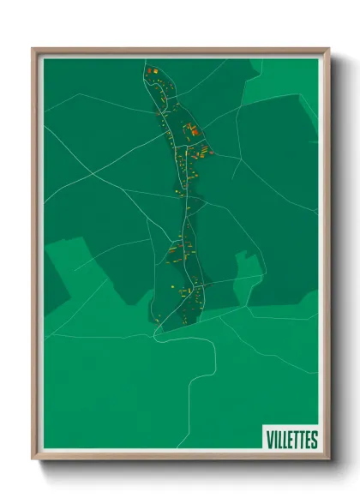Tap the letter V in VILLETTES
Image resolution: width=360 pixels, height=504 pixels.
pyautogui.click(x=269, y=440)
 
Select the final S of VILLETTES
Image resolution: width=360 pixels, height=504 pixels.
pyautogui.click(x=314, y=440)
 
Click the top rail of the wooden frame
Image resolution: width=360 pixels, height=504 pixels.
pyautogui.click(x=180, y=51)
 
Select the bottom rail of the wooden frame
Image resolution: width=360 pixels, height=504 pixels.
pyautogui.click(x=180, y=456)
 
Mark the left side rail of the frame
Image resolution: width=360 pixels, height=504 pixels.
pyautogui.click(x=36, y=257)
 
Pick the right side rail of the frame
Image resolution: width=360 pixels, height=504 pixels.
pyautogui.click(x=325, y=257)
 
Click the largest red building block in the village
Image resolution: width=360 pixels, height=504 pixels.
pyautogui.click(x=193, y=130)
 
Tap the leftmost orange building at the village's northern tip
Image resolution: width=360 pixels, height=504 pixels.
pyautogui.click(x=148, y=69)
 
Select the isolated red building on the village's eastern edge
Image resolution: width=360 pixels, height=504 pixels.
pyautogui.click(x=211, y=153)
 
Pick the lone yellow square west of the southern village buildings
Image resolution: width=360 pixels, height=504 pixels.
pyautogui.click(x=172, y=285)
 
